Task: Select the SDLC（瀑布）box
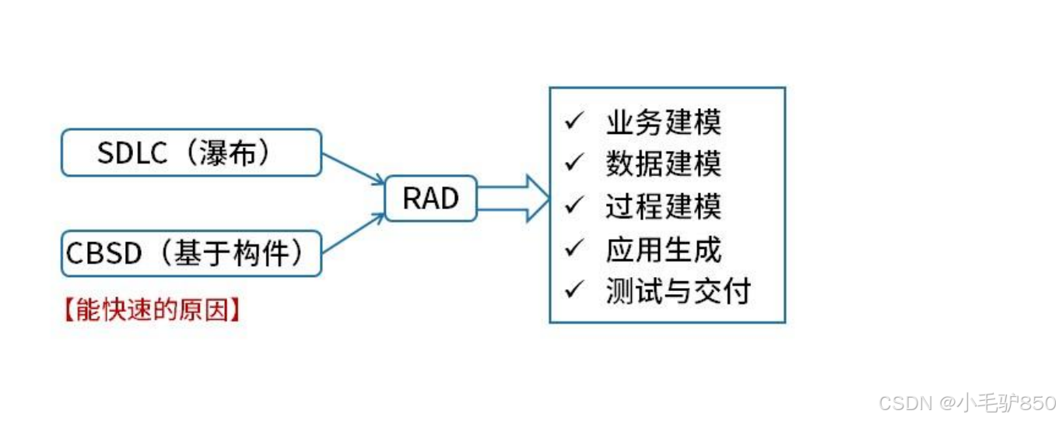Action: (x=191, y=153)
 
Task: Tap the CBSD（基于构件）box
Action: (x=191, y=253)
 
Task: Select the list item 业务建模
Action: (x=663, y=122)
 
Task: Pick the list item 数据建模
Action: (x=663, y=164)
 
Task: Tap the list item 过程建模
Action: (x=663, y=206)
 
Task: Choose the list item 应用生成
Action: (x=663, y=249)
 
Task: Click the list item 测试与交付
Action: (x=677, y=291)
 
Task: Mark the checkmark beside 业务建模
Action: (x=575, y=121)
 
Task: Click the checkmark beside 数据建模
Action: (x=575, y=163)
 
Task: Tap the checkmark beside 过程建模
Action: (x=575, y=205)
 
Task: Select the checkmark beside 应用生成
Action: (x=575, y=248)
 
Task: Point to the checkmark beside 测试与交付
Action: (x=575, y=290)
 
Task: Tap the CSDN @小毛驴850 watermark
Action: (x=966, y=403)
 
